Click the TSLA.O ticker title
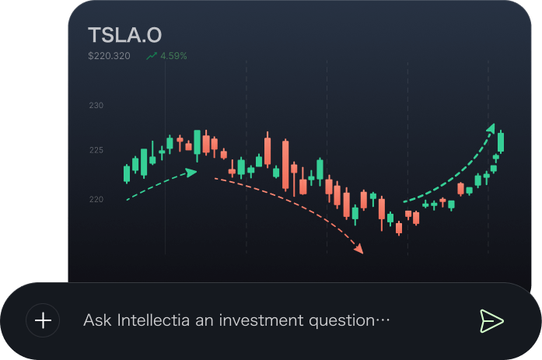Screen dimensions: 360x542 click(125, 35)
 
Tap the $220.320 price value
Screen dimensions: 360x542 click(110, 56)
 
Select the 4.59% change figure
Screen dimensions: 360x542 click(173, 56)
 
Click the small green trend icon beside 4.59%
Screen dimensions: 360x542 click(151, 56)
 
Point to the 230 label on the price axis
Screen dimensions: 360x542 click(96, 106)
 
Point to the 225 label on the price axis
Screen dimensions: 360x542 click(96, 150)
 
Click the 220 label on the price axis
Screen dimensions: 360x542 click(96, 200)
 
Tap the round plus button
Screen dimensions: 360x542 click(43, 320)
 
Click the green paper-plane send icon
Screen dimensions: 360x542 click(491, 320)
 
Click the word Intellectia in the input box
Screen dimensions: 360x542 click(152, 320)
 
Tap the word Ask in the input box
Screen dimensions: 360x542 click(98, 320)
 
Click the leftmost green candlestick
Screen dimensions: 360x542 click(127, 173)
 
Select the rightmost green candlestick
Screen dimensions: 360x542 click(501, 142)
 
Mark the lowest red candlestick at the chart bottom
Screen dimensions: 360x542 click(399, 228)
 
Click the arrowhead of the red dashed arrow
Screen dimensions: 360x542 click(358, 250)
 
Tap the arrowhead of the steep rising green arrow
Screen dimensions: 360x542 click(491, 128)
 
